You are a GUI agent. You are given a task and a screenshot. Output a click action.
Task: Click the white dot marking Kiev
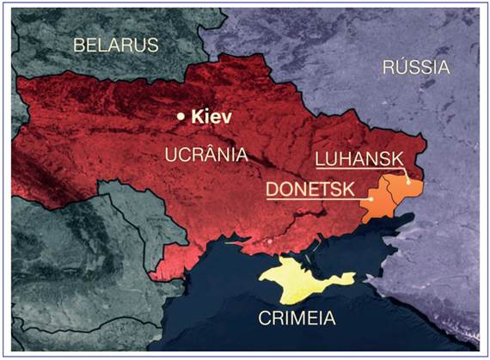[x=181, y=116]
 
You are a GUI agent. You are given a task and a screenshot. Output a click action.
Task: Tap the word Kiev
[x=211, y=116]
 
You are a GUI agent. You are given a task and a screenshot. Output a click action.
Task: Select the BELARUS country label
[x=116, y=44]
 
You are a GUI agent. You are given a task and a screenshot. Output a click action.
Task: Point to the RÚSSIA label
[x=415, y=66]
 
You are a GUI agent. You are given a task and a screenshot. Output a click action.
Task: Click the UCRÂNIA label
[x=205, y=154]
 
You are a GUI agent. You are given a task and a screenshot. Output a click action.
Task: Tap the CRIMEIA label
[x=297, y=318]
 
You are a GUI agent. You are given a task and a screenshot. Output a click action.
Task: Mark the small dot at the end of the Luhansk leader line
[x=407, y=182]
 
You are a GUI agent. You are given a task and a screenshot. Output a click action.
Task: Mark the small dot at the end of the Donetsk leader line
[x=371, y=199]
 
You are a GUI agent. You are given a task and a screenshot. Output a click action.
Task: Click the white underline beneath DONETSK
[x=314, y=198]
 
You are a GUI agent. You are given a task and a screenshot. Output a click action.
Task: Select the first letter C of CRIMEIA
[x=265, y=318]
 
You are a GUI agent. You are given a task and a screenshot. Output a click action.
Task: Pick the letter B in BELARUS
[x=78, y=44]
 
